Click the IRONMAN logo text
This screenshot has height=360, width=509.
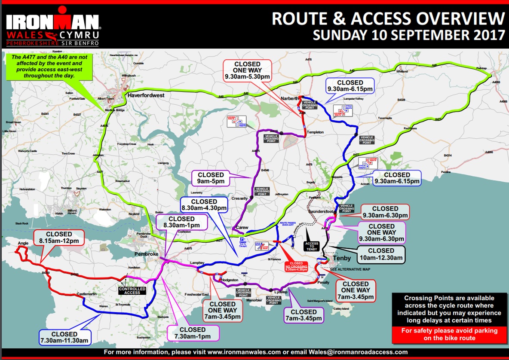pyautogui.click(x=52, y=21)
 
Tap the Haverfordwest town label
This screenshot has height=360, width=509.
pyautogui.click(x=147, y=96)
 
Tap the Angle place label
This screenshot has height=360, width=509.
pyautogui.click(x=23, y=243)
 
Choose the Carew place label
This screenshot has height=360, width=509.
pyautogui.click(x=243, y=228)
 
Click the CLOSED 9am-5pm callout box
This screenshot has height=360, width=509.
pyautogui.click(x=211, y=178)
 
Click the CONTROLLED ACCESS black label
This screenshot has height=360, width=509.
pyautogui.click(x=132, y=290)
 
